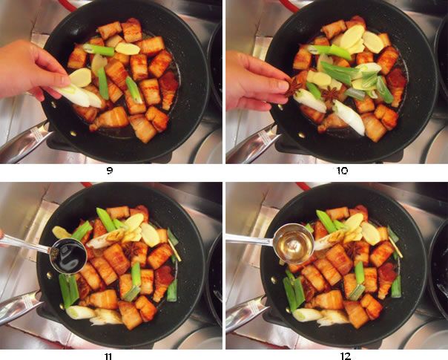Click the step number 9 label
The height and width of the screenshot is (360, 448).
pyautogui.click(x=109, y=171)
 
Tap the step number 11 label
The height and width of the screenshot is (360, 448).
pyautogui.click(x=109, y=356)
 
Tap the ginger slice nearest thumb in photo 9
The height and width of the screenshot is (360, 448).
pyautogui.click(x=79, y=76)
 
